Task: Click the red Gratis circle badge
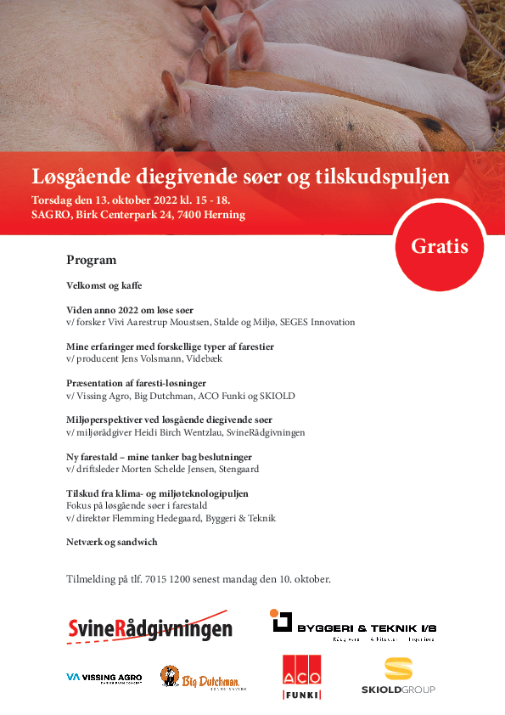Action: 440,247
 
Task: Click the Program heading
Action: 91,260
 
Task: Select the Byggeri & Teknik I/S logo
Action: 354,625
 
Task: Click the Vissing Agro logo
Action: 104,678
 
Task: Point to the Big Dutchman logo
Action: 199,677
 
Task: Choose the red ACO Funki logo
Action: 301,678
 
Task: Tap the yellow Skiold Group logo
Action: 398,676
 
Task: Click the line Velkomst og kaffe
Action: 104,285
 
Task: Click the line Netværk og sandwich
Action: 112,542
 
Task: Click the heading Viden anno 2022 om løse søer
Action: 130,310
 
